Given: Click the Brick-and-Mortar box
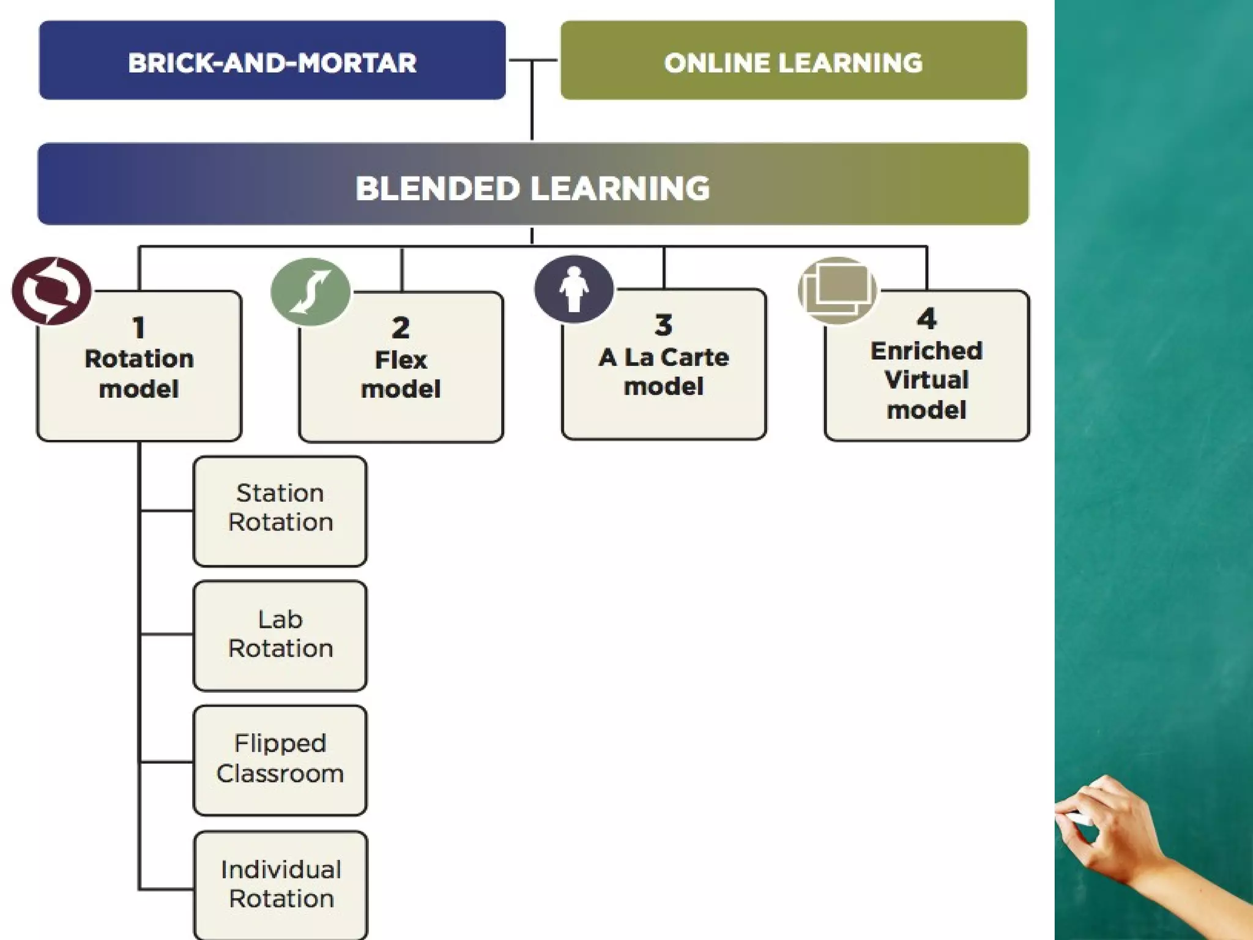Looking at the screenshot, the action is (x=272, y=61).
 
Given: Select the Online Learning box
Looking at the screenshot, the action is (x=794, y=61).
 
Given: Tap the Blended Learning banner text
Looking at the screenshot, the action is (x=532, y=188).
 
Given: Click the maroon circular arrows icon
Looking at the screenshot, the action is (x=52, y=291).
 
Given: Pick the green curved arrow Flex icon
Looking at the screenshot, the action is (x=311, y=292).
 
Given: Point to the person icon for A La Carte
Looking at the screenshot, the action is (x=574, y=289).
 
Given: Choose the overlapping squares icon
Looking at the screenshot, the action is (x=837, y=290).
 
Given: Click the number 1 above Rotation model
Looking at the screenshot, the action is (x=139, y=328).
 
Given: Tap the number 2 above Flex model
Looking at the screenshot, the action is (x=401, y=328).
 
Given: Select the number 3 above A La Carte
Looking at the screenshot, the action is (x=663, y=325).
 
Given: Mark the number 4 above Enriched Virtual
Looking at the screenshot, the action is (x=926, y=319).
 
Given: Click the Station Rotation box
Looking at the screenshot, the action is (x=280, y=511).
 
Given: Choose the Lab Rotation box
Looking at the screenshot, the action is (x=280, y=636).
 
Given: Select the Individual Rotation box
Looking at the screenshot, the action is (x=281, y=885).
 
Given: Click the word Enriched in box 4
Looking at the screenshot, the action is (x=926, y=351).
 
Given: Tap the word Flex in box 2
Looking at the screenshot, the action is (x=401, y=360).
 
